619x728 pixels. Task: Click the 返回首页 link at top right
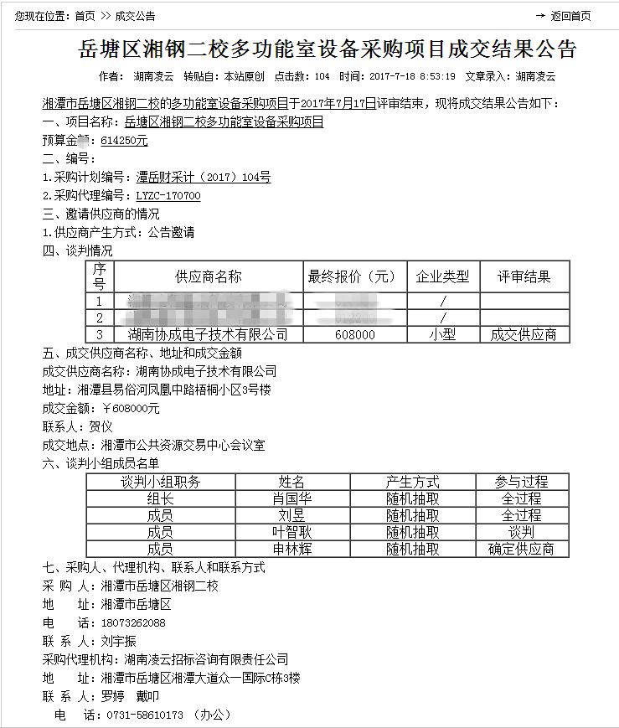click(570, 16)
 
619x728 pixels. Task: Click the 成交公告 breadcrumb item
click(135, 16)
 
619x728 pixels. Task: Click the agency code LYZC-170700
click(168, 196)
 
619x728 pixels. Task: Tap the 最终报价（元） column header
click(354, 276)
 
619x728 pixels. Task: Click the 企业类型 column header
click(443, 276)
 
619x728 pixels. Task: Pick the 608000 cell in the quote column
click(354, 334)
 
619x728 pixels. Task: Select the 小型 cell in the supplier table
click(443, 334)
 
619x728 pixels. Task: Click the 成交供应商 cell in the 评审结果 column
click(524, 334)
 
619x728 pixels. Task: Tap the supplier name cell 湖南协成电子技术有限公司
click(208, 334)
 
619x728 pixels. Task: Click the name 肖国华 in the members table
click(291, 498)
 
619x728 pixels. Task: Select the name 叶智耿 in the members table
click(291, 532)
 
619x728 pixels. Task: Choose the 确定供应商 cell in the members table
click(521, 550)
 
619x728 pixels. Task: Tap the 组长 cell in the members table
click(160, 498)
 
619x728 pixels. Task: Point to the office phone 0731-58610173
click(144, 715)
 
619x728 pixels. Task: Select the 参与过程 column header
click(521, 482)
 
